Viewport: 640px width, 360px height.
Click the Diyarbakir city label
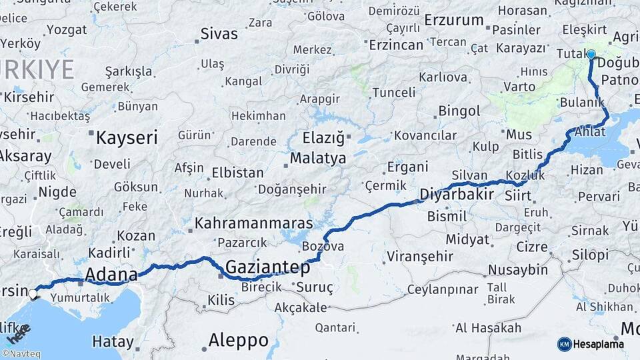pos(457,195)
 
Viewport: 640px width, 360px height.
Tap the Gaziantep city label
pos(267,267)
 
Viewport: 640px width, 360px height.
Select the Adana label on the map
pos(111,274)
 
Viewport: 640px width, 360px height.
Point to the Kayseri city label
pos(127,138)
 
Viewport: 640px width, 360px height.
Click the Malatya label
pos(318,159)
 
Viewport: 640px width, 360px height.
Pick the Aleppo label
pos(238,341)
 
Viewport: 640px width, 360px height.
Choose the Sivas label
pos(219,34)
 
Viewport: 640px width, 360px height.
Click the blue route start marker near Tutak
pos(591,54)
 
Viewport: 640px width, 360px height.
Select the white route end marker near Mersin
pos(33,293)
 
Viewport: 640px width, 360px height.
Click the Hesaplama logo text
pos(599,344)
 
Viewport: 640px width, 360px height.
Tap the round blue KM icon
pos(564,344)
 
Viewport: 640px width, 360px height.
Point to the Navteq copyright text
pos(21,354)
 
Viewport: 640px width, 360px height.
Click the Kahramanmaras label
pos(254,223)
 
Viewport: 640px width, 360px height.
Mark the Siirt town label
pos(518,196)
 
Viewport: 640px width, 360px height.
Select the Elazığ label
pos(323,139)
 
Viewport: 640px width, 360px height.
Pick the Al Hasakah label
pos(488,327)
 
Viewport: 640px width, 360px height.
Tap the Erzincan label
pos(396,45)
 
